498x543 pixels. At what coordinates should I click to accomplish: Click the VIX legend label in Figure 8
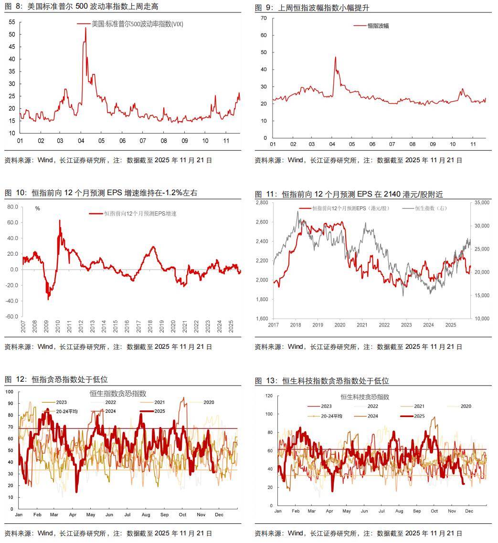coord(137,24)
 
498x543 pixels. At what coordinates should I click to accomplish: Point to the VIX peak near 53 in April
coord(85,28)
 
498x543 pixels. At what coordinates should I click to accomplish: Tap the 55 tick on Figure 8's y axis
coord(11,22)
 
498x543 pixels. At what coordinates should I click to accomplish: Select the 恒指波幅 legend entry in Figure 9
coord(378,26)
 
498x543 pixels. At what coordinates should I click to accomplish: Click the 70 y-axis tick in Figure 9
coord(263,18)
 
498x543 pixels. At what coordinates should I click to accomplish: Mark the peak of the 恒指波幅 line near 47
coord(335,57)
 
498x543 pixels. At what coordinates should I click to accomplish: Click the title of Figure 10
coord(101,193)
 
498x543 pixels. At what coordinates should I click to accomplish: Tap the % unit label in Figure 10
coord(38,208)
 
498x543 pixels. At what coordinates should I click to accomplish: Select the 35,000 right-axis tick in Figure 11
coord(483,203)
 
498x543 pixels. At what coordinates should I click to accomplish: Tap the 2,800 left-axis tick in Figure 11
coord(262,203)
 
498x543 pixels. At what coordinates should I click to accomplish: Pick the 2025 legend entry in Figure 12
coord(159,411)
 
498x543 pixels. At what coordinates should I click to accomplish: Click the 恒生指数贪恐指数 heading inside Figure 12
coord(118,394)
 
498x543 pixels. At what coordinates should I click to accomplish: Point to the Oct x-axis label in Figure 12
coord(182,515)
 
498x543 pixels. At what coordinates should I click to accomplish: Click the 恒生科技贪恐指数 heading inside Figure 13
coord(365,397)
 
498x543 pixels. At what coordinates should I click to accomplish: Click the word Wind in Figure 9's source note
coord(295,160)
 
